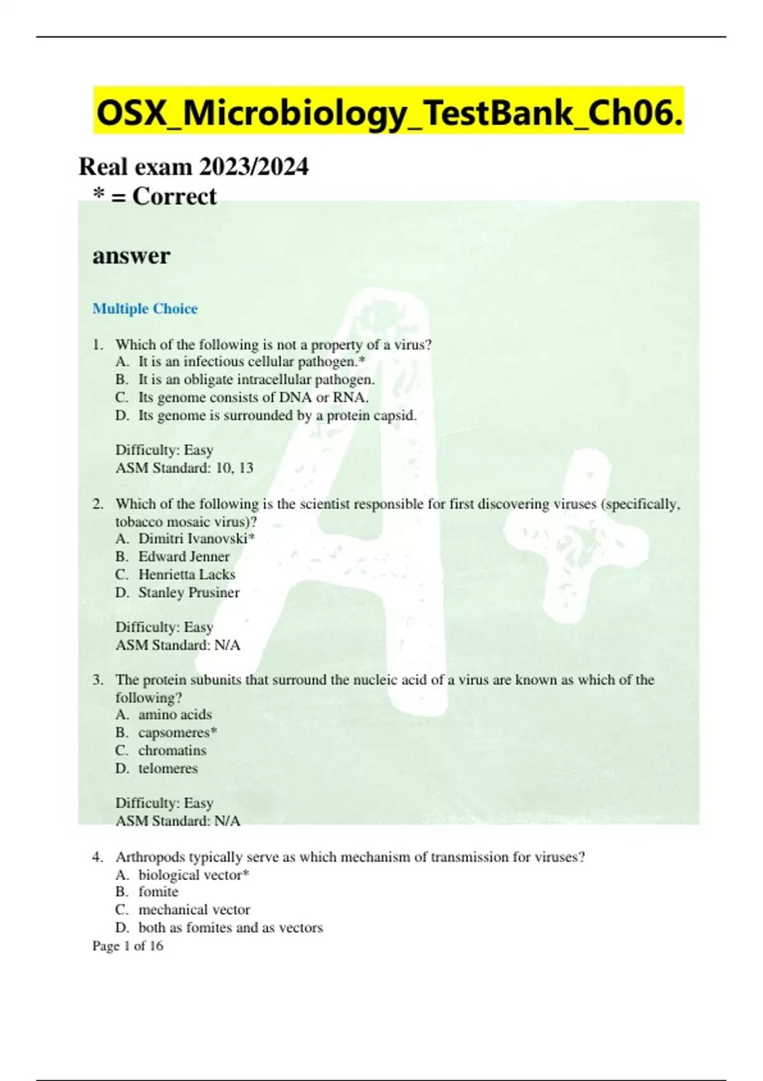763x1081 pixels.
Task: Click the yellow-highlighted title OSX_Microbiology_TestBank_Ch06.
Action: [389, 113]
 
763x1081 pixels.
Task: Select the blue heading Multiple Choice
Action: [145, 308]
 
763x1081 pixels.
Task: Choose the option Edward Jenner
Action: [184, 556]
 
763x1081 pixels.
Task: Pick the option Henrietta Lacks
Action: [187, 574]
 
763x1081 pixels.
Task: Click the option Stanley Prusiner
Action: [189, 592]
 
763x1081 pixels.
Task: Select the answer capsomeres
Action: [177, 732]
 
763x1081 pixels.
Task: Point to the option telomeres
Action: [168, 768]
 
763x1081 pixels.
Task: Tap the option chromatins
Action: [172, 750]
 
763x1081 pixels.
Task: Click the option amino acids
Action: [175, 714]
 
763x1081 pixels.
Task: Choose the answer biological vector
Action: [193, 874]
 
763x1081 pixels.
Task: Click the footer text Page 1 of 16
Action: [128, 946]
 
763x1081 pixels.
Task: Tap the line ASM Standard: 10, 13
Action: [184, 468]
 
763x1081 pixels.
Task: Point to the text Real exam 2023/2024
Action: [193, 167]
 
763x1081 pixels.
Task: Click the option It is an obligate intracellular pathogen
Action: [256, 380]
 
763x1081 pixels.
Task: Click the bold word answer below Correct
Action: [131, 256]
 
